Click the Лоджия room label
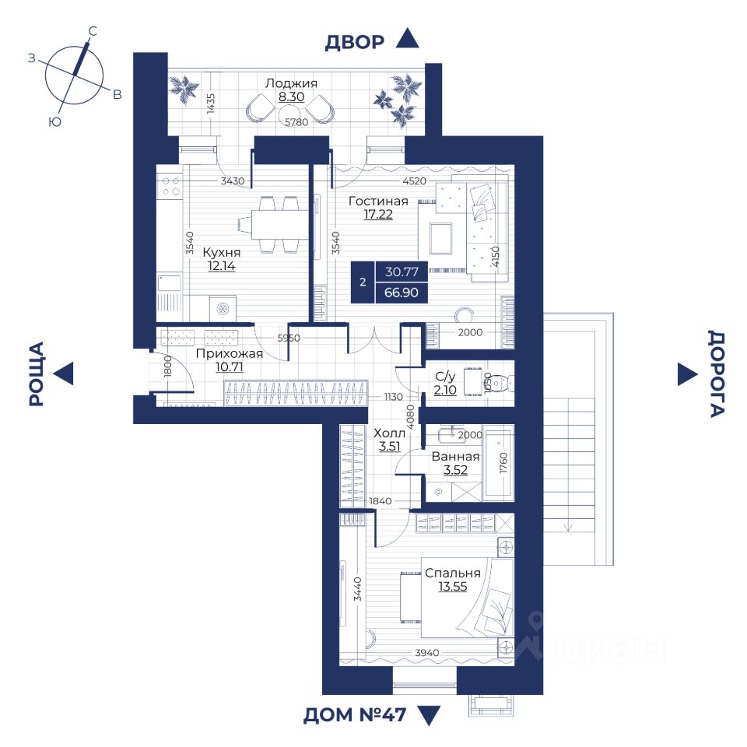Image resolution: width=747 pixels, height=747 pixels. coord(291,83)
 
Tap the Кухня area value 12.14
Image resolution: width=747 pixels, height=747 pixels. coord(222,266)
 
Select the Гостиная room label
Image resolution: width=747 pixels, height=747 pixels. coord(378,201)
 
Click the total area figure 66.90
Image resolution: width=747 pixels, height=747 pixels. coord(402,292)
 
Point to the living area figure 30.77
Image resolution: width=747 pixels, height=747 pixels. coord(402,272)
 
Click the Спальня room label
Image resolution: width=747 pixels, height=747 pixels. coord(453,573)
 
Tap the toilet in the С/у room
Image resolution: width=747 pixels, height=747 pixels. coord(500,383)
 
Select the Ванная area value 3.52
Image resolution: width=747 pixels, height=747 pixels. coord(455,470)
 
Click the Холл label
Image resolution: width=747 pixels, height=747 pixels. coord(389,433)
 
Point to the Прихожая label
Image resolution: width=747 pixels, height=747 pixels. coord(229,353)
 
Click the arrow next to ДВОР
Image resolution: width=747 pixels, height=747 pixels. coord(407,38)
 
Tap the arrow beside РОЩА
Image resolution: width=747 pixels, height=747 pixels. coord(64,373)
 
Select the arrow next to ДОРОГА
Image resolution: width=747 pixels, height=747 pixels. coord(687,374)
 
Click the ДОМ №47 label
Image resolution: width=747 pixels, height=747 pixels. coord(355,715)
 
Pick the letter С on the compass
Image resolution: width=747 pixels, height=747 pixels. coord(93,31)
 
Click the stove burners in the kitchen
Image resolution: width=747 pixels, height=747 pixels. coord(170,186)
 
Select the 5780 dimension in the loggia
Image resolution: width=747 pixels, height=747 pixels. coord(296,122)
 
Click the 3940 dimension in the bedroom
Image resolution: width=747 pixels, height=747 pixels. coord(427,653)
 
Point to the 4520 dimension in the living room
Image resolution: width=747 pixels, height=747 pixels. coord(415,181)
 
